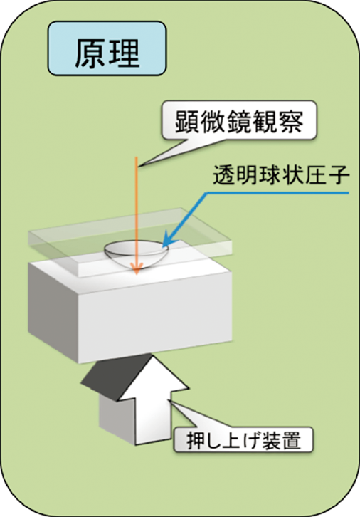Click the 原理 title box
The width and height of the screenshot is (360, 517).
click(107, 48)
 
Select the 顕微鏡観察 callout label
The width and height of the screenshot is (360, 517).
click(239, 120)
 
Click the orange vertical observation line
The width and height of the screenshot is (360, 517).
click(136, 215)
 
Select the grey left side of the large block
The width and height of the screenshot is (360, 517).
click(53, 311)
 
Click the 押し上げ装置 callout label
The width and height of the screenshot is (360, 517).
click(243, 440)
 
